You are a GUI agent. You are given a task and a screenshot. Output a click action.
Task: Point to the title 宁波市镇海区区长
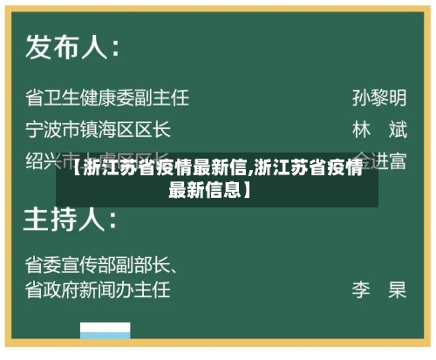[98, 131]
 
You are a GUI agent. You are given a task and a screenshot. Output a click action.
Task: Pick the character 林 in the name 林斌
[362, 131]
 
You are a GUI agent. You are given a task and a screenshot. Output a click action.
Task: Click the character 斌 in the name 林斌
[398, 131]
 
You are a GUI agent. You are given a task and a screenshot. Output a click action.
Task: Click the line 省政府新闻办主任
[98, 288]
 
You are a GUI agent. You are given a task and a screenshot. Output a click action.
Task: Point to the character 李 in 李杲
[362, 289]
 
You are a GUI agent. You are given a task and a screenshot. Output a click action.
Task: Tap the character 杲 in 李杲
[398, 289]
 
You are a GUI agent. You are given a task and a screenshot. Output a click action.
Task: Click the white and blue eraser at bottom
[106, 333]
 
